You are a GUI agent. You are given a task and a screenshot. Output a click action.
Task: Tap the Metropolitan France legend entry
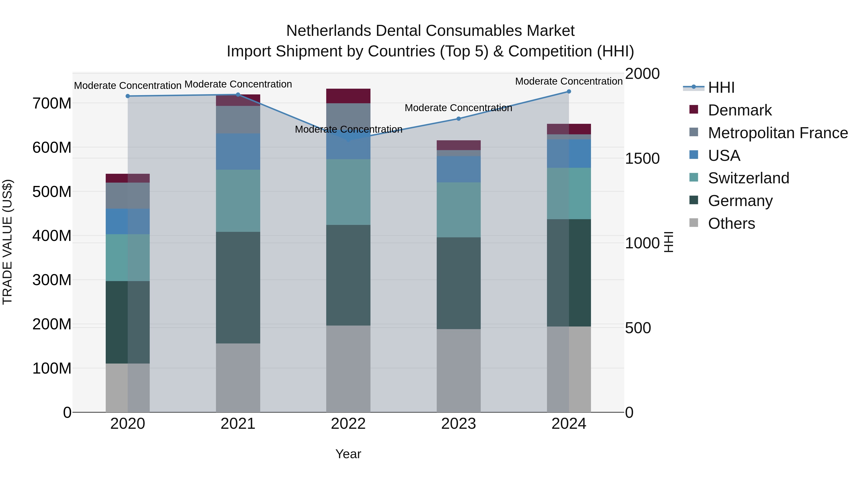pos(778,133)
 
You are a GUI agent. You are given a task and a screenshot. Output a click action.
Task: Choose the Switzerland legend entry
pos(748,178)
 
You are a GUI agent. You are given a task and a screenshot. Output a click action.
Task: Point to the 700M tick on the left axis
pos(52,103)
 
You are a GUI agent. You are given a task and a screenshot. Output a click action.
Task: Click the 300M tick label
pos(52,280)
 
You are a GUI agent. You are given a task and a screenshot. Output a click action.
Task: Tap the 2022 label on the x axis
pos(348,424)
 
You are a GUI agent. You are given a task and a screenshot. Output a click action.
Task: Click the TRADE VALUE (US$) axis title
pos(7,242)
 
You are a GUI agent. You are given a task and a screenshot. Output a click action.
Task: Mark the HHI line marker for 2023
pos(458,119)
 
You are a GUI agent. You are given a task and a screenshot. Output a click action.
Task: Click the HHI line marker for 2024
pos(569,92)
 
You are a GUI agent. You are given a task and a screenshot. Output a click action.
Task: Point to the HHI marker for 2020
pos(128,96)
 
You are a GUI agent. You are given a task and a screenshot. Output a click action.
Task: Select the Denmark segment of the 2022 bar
pos(348,96)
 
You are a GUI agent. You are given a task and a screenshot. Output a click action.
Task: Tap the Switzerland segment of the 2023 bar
pos(458,210)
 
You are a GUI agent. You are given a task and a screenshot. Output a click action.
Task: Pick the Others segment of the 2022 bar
pos(348,369)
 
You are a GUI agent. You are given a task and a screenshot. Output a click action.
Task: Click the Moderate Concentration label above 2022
pos(348,129)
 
